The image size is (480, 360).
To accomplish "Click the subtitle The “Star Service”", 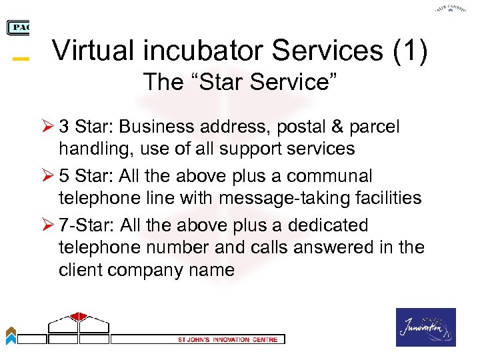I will [240, 83].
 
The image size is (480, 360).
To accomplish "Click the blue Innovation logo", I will [426, 327].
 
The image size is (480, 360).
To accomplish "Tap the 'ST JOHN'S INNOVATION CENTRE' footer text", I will [223, 339].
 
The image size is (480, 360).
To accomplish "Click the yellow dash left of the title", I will [21, 59].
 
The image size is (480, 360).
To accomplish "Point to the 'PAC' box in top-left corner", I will [18, 27].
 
